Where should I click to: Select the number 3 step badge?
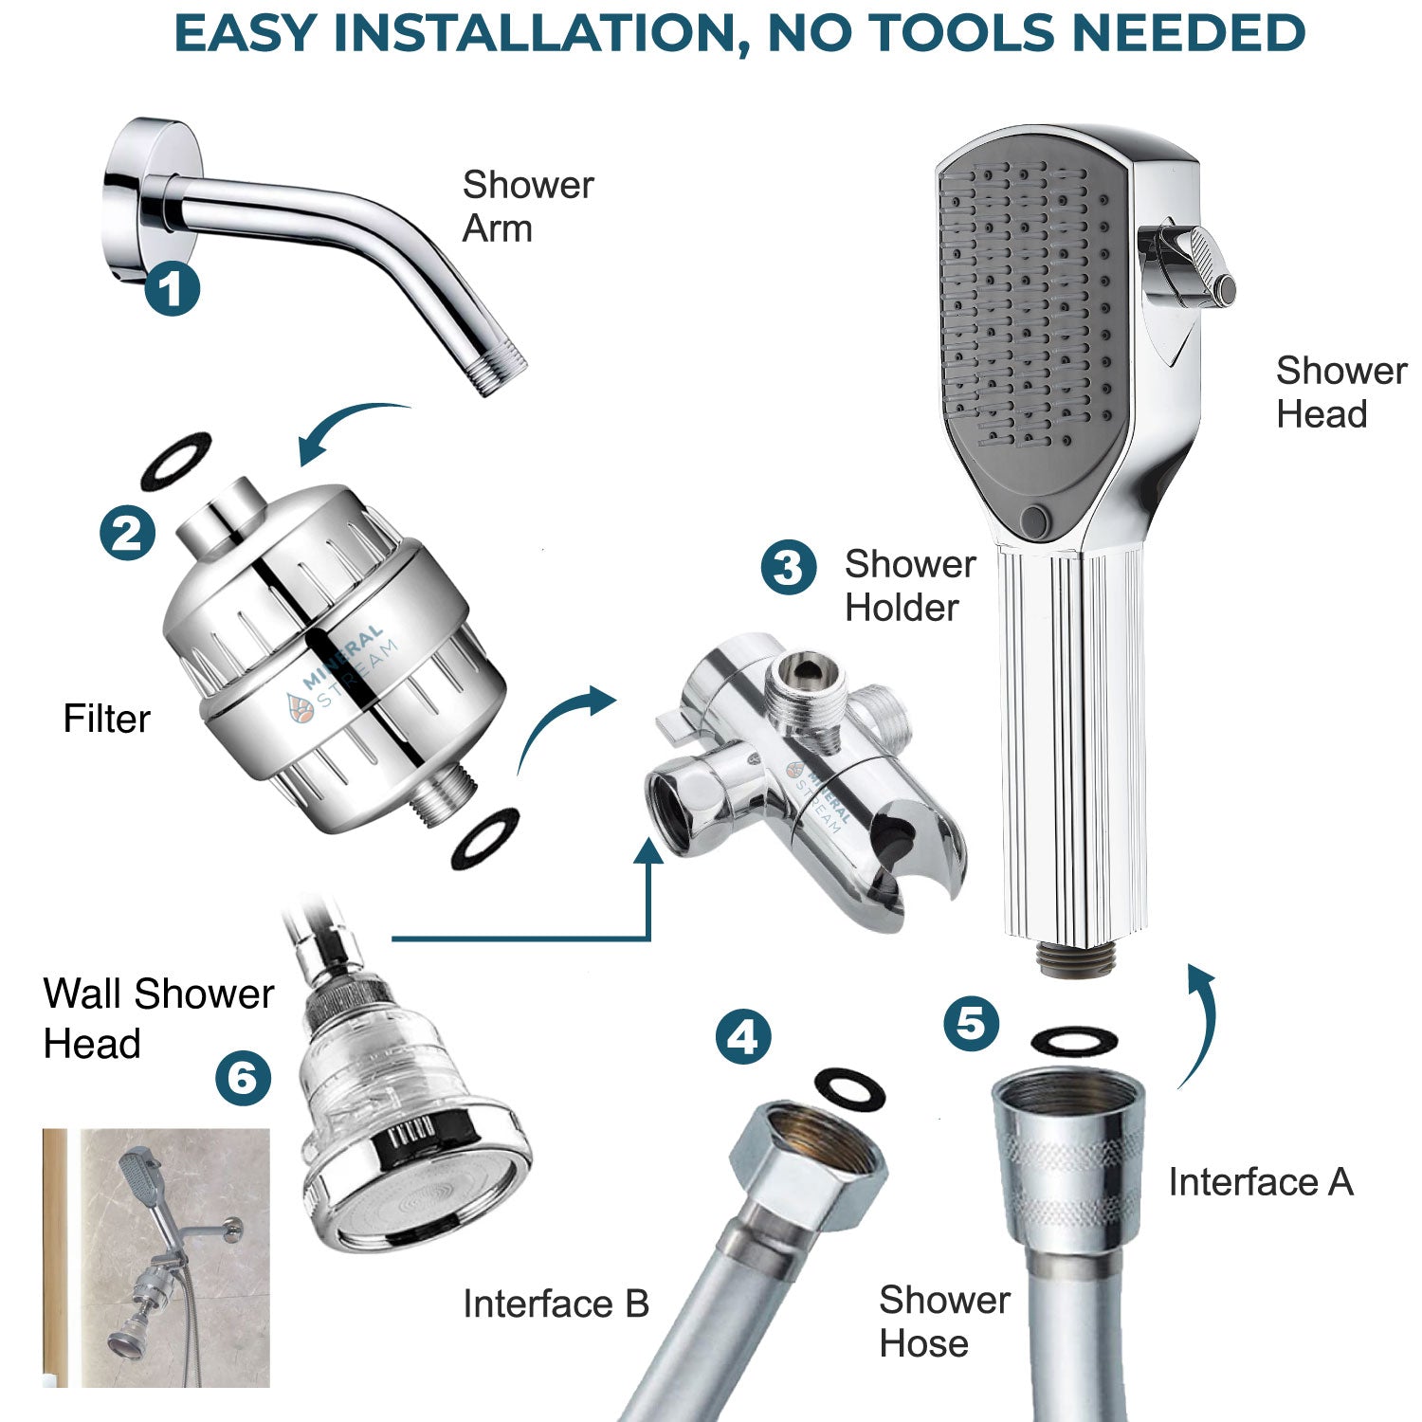(788, 567)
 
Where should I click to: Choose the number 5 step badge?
(971, 1023)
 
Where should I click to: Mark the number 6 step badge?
(243, 1078)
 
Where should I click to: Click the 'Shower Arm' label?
(527, 207)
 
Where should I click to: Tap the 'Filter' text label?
(106, 719)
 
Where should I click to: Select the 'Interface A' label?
(1260, 1182)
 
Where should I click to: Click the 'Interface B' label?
(556, 1304)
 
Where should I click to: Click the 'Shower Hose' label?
(943, 1322)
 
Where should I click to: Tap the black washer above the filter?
(175, 460)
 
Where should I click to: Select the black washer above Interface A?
(1073, 1041)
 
